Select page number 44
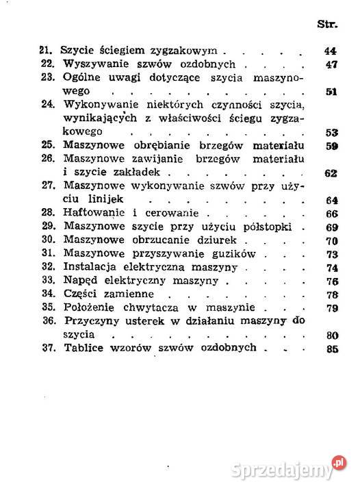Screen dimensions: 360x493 [329, 51]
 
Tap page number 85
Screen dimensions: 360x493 [333, 347]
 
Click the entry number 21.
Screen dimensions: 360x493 [47, 51]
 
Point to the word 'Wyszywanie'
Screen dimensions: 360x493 [92, 64]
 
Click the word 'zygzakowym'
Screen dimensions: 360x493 [188, 51]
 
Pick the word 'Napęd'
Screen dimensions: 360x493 [79, 280]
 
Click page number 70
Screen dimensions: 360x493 [333, 240]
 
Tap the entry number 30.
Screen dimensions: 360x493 [48, 240]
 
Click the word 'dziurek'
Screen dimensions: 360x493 [218, 240]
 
